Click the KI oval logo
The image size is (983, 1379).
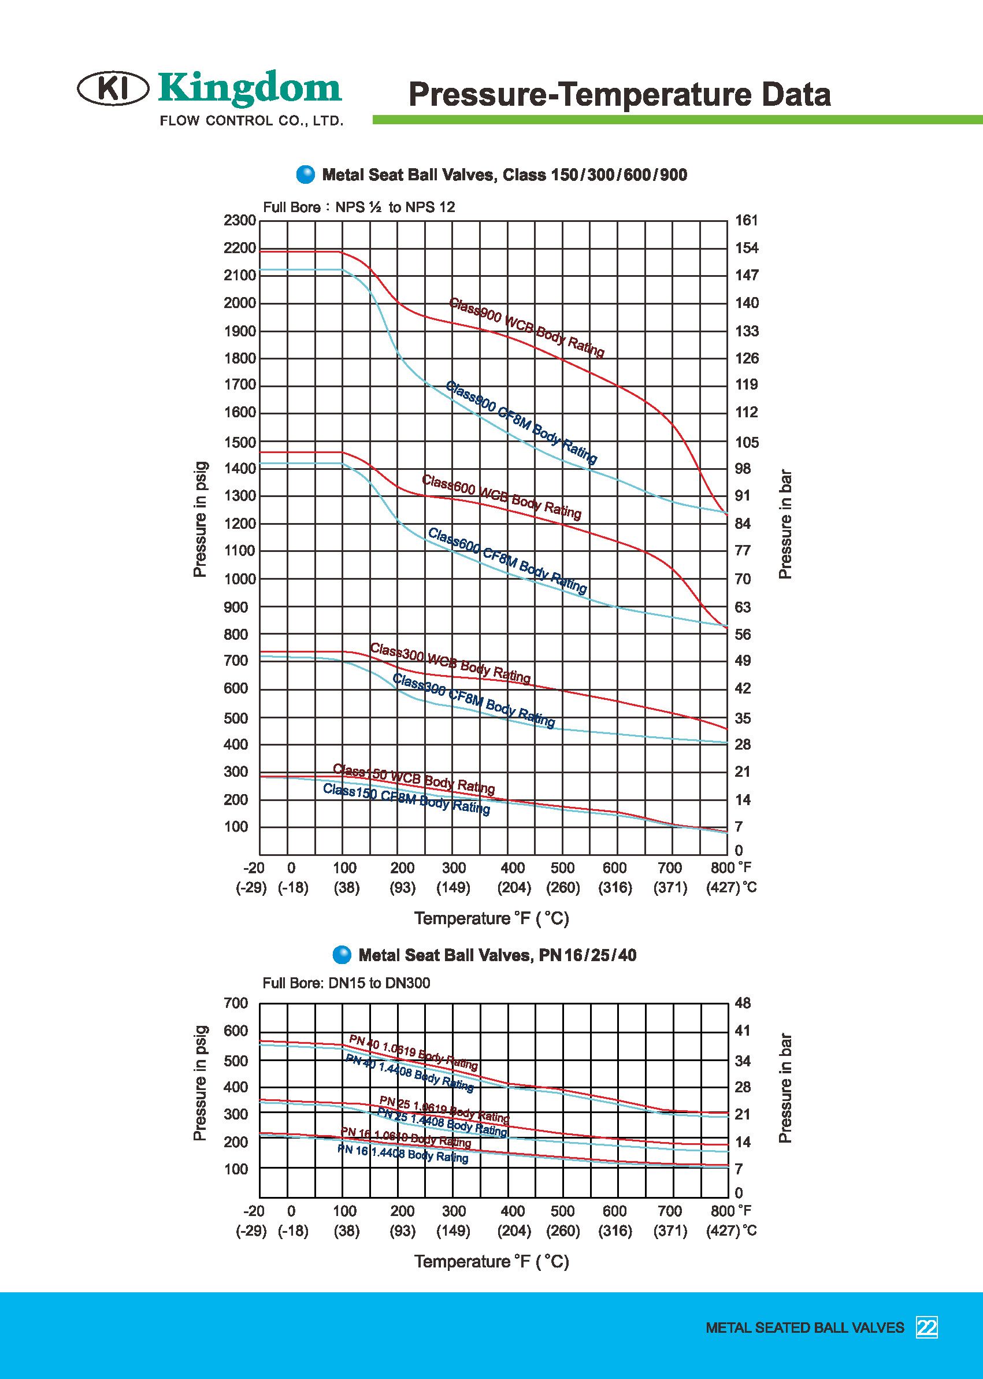(113, 88)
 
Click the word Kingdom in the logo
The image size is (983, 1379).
(250, 88)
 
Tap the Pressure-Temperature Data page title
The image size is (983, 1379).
(620, 94)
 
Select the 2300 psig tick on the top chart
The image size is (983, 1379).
(240, 220)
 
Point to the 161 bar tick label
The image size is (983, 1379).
(746, 220)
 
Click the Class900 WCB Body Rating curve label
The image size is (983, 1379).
(526, 328)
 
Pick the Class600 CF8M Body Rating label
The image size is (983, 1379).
(507, 561)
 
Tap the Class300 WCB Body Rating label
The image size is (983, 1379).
(450, 663)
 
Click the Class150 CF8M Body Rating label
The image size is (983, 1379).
(406, 799)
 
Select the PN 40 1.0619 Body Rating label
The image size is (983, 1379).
(413, 1052)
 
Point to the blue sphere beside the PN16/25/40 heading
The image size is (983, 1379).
(342, 955)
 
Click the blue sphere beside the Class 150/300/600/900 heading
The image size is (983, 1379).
(306, 175)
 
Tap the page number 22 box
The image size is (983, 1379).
(927, 1328)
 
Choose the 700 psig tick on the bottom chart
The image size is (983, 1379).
(236, 1003)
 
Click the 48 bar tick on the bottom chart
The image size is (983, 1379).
(743, 1003)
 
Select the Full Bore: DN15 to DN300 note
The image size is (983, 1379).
(346, 983)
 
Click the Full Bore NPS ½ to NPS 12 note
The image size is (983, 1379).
(359, 207)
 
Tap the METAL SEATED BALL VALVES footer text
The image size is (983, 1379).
(804, 1328)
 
